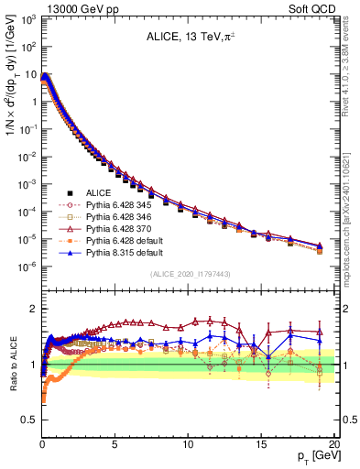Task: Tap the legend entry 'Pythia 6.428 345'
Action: (x=112, y=205)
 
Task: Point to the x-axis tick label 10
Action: (x=187, y=442)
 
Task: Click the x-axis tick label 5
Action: (x=115, y=442)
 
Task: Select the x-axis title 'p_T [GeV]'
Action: (x=311, y=456)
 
